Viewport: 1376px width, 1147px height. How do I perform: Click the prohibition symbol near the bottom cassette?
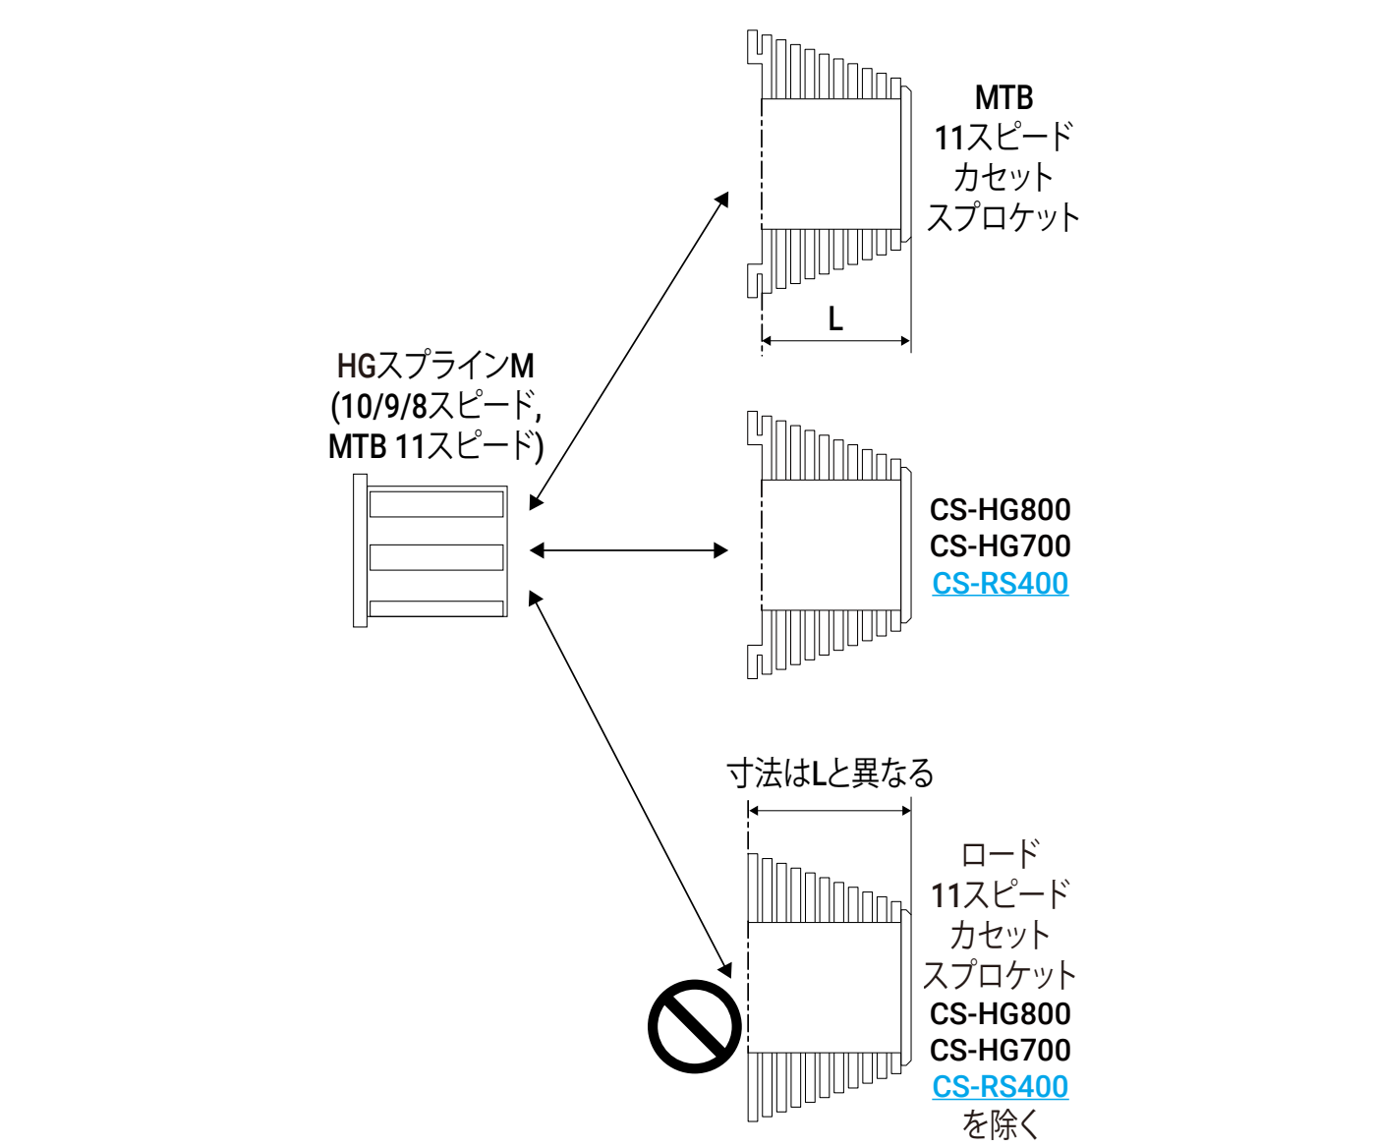tap(694, 1026)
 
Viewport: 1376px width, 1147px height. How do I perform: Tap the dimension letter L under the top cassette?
tap(835, 318)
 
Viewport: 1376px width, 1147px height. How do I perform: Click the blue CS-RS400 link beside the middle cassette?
tap(1000, 583)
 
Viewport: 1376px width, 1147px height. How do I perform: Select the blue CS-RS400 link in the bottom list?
tap(1000, 1086)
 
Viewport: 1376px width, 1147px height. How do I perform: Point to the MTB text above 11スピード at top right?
tap(1003, 98)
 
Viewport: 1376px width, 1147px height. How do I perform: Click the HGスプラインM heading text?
tap(435, 366)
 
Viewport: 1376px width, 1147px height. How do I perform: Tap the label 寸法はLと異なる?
tap(830, 774)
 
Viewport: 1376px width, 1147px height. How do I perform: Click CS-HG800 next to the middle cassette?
tap(1000, 509)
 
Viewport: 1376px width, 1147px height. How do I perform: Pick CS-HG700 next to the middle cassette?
tap(1000, 545)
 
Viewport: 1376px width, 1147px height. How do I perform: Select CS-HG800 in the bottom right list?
tap(1000, 1013)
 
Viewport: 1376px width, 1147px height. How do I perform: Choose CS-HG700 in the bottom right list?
tap(1000, 1050)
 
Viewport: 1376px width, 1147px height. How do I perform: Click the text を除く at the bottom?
tap(1000, 1123)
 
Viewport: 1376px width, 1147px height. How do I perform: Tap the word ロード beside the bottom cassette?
tap(1000, 853)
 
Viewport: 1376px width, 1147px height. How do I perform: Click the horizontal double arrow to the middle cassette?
tap(629, 550)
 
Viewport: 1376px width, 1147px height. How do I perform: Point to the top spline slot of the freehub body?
tap(436, 504)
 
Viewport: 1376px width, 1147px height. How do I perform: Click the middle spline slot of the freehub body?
tap(436, 557)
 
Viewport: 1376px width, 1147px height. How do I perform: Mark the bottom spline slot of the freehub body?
tap(436, 608)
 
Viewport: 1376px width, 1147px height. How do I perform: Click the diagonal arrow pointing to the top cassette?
tap(629, 350)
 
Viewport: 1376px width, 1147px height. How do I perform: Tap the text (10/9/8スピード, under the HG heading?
tap(435, 406)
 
